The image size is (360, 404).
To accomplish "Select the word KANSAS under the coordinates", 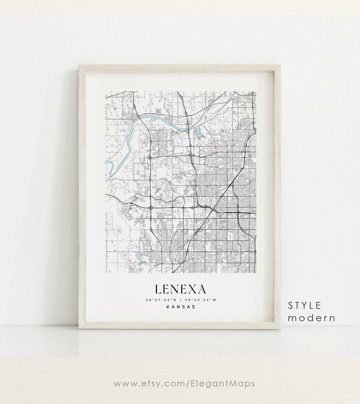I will coord(180,307).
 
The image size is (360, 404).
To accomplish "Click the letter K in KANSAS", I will coord(167,307).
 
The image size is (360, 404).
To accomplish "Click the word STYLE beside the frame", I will coord(305,305).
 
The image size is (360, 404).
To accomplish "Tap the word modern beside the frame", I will coord(312,318).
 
